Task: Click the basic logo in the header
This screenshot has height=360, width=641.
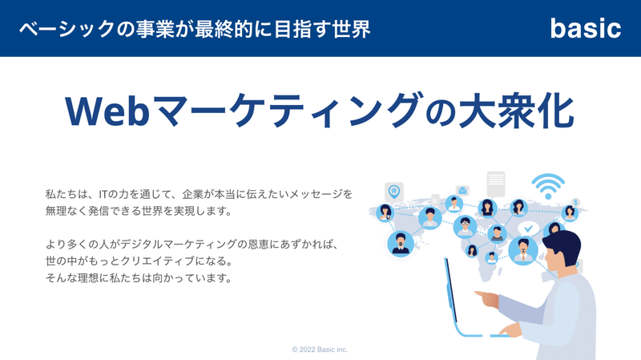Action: click(x=586, y=28)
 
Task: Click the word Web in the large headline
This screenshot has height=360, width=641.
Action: click(x=107, y=111)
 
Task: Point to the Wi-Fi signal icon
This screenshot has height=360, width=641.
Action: click(x=548, y=186)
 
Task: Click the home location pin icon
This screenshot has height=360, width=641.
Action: click(x=394, y=192)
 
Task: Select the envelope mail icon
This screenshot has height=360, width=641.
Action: click(x=462, y=191)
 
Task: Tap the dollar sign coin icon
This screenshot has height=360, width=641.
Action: click(x=576, y=202)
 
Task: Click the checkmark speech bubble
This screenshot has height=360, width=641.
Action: click(x=528, y=229)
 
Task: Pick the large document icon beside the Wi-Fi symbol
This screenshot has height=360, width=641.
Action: click(x=496, y=184)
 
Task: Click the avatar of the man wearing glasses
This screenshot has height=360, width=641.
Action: click(x=465, y=227)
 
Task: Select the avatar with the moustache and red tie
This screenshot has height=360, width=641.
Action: click(x=523, y=251)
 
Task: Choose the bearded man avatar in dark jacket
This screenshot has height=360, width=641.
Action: click(x=400, y=244)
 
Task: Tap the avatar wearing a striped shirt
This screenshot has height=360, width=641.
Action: click(x=497, y=234)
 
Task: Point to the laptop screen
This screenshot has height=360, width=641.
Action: click(x=451, y=289)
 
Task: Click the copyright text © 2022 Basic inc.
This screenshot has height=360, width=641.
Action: click(x=320, y=350)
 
